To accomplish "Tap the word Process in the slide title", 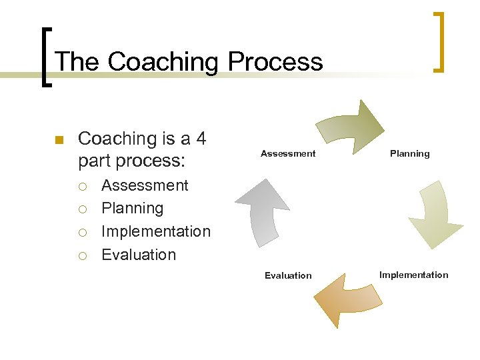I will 275,62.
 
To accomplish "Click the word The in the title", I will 77,62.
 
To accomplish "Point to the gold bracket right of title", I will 438,41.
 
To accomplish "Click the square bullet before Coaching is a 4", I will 58,140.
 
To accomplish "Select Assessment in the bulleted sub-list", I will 145,185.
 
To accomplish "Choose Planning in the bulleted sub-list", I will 132,208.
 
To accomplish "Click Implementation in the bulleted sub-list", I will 155,231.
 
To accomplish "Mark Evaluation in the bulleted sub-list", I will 139,255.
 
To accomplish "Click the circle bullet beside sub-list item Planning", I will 83,209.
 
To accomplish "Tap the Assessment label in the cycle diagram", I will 288,154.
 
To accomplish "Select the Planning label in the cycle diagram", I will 409,154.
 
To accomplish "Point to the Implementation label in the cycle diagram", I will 413,275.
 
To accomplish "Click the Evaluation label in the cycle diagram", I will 288,275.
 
